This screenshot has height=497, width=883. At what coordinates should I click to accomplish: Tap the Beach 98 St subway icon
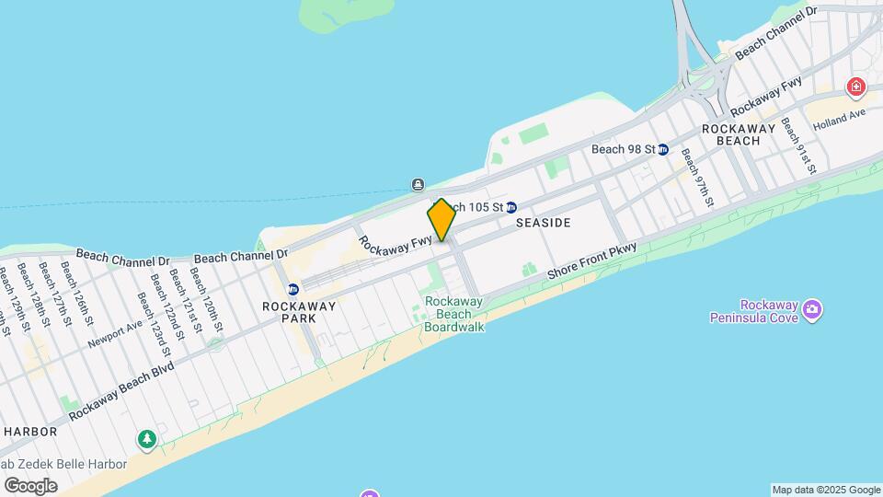tap(663, 149)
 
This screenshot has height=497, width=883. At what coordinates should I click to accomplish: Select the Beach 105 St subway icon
tap(511, 207)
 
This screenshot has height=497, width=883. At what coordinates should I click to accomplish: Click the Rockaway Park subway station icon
tap(292, 289)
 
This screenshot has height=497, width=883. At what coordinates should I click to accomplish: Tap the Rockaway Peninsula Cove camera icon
tap(811, 308)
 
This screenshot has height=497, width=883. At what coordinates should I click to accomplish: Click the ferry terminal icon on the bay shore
tap(418, 183)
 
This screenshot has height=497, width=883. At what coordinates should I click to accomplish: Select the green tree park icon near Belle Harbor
tap(147, 439)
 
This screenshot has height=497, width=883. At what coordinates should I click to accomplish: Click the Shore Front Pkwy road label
tap(592, 261)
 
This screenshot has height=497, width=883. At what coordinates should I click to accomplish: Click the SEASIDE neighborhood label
tap(543, 223)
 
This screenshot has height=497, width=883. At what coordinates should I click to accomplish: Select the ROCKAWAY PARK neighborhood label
tap(289, 312)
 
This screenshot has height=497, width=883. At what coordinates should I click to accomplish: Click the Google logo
tap(30, 485)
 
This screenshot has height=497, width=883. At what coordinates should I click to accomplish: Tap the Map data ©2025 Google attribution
tap(826, 490)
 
